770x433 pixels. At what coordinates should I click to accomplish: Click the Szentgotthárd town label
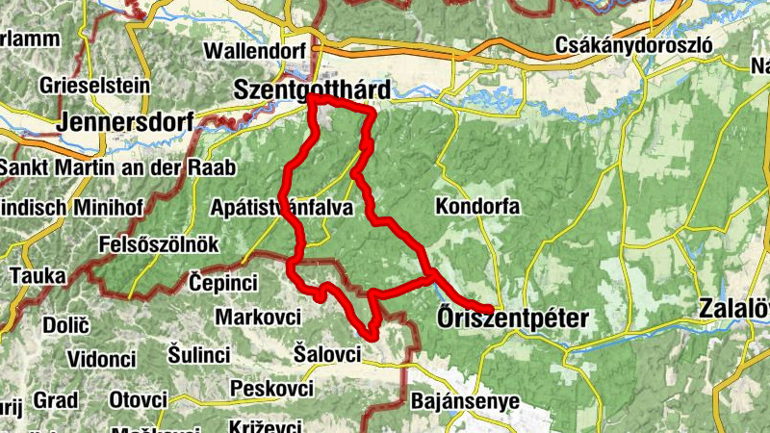pyautogui.click(x=313, y=89)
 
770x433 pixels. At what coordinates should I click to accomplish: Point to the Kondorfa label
pyautogui.click(x=477, y=206)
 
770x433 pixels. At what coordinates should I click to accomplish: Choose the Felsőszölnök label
pyautogui.click(x=159, y=244)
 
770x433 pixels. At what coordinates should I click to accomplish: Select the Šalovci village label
pyautogui.click(x=326, y=354)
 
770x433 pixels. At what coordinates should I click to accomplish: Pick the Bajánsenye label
pyautogui.click(x=465, y=400)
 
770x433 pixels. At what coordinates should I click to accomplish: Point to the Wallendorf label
pyautogui.click(x=255, y=51)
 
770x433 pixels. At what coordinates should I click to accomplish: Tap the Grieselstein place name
pyautogui.click(x=94, y=85)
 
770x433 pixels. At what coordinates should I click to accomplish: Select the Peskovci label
pyautogui.click(x=272, y=389)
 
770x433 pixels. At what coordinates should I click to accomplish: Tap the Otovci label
pyautogui.click(x=138, y=398)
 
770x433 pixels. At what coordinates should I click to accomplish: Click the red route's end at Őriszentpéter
pyautogui.click(x=490, y=309)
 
